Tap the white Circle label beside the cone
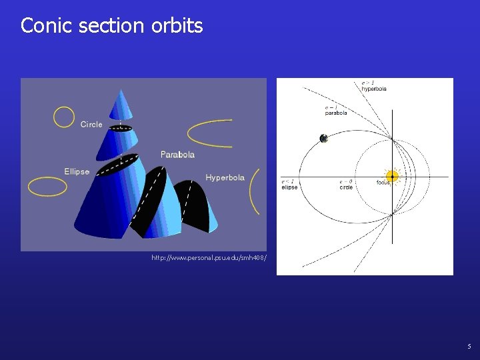91,125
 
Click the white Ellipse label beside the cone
77,172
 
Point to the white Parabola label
177,155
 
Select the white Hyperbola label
225,178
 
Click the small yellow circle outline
64,117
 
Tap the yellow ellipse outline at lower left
47,187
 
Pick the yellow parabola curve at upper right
208,133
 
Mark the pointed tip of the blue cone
121,92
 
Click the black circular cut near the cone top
120,128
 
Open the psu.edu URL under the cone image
209,257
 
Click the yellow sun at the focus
392,177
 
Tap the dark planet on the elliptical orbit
323,139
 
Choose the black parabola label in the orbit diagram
336,111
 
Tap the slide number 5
469,347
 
